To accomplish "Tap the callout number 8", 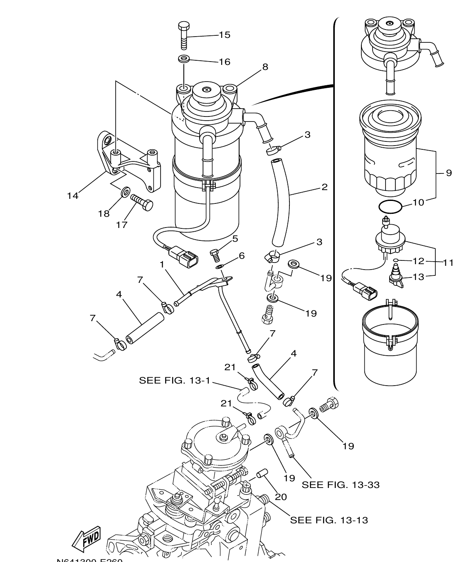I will pos(265,67).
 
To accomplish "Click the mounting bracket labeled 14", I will pos(129,162).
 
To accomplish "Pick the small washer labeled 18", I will pos(124,192).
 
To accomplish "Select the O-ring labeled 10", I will pos(390,206).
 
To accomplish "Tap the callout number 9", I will pos(449,173).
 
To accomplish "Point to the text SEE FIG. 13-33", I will pos(341,485).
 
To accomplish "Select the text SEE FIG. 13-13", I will pos(329,520).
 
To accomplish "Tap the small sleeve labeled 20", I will pos(261,475).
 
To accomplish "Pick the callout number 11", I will pos(448,262).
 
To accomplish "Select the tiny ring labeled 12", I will pos(396,261).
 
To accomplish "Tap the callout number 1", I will pos(162,264).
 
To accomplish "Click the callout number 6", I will pos(241,255).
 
